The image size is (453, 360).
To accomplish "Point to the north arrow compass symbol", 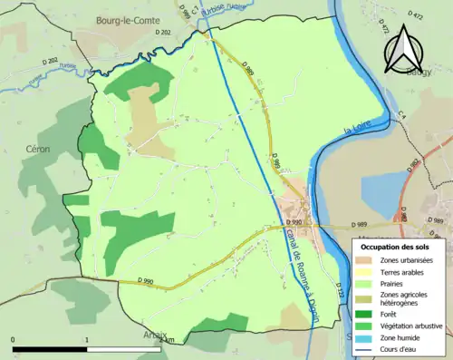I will (x=404, y=45).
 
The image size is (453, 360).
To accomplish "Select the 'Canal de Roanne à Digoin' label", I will (x=294, y=258).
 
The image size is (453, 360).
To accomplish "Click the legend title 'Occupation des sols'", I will (x=401, y=247).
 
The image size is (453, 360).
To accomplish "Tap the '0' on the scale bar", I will (x=14, y=340).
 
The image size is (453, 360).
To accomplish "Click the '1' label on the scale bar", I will (x=86, y=340).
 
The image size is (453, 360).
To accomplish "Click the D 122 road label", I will (x=341, y=289).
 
